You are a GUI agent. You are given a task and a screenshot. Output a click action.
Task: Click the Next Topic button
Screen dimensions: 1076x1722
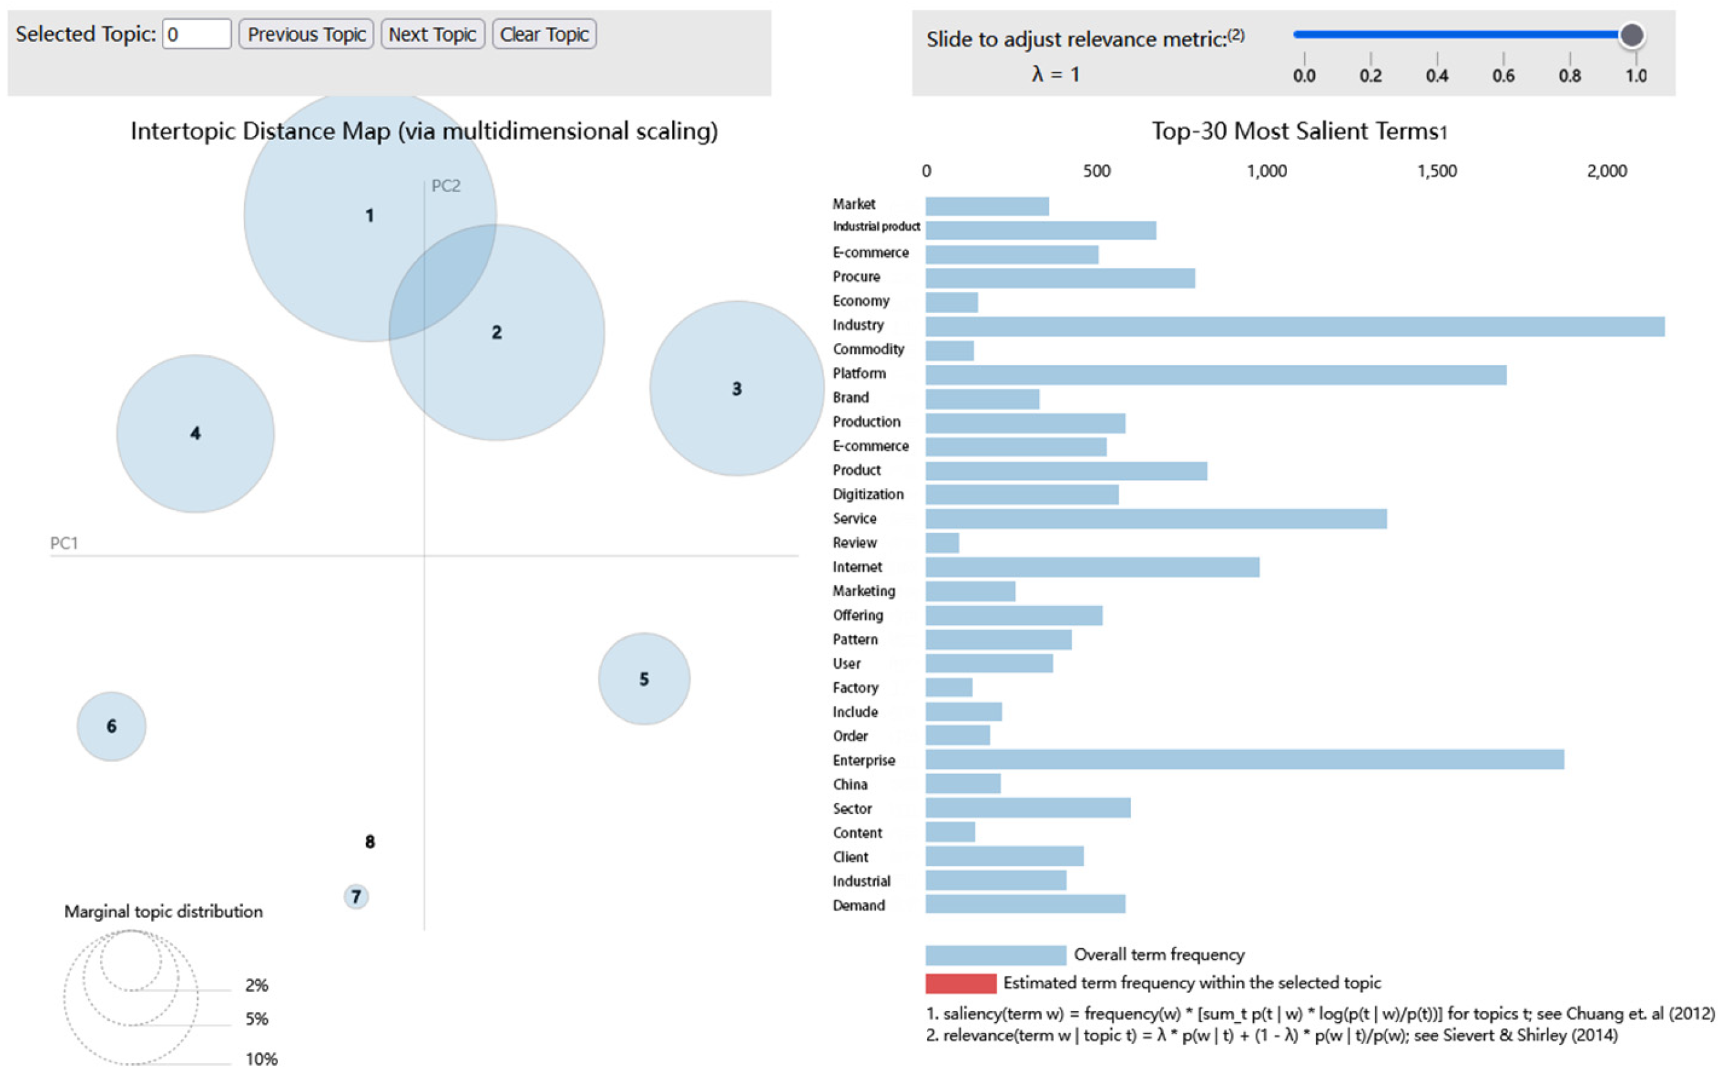point(432,34)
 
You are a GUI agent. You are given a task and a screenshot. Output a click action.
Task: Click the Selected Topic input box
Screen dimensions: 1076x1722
point(197,34)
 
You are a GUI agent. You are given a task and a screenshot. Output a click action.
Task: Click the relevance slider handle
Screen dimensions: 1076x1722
point(1631,35)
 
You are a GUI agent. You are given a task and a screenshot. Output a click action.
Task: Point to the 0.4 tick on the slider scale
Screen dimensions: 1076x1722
point(1437,75)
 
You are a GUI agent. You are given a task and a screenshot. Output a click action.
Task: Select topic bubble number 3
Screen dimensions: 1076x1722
point(737,389)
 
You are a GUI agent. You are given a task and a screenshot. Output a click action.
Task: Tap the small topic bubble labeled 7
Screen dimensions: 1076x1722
point(356,896)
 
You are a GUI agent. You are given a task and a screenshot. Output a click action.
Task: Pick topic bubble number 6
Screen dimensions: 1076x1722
point(111,726)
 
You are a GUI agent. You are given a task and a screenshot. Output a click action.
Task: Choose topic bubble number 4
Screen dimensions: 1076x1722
point(195,434)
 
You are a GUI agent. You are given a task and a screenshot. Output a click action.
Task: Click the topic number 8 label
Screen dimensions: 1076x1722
point(370,842)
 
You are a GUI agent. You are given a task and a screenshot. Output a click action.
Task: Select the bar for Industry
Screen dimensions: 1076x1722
point(1294,326)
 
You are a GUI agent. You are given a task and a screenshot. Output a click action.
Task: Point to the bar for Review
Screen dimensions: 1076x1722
point(942,543)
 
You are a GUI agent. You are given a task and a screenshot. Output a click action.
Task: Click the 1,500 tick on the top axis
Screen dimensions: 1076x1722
point(1437,171)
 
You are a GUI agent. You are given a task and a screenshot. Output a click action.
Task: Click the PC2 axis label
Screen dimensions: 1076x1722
point(446,186)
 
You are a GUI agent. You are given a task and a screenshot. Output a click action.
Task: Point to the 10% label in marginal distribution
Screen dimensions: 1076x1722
point(261,1059)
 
